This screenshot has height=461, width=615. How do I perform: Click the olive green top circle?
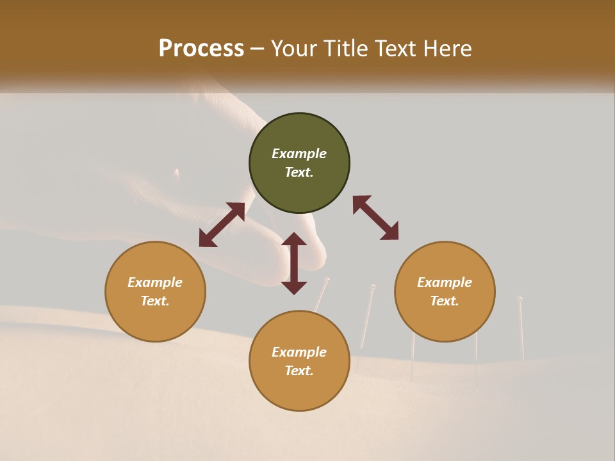click(x=299, y=163)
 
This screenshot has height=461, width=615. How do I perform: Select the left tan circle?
click(x=155, y=291)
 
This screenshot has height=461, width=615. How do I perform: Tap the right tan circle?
click(x=445, y=291)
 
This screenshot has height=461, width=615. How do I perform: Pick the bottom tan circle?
click(x=299, y=361)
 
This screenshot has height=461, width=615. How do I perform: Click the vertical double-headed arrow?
click(x=294, y=263)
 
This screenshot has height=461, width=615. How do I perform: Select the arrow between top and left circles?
click(x=222, y=225)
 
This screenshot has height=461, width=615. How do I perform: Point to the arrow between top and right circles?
click(x=375, y=218)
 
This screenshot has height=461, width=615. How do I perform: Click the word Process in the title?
click(x=201, y=48)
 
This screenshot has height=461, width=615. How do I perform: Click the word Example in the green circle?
click(x=299, y=154)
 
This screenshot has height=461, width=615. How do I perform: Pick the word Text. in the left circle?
click(x=155, y=301)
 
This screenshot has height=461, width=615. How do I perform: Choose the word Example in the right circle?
click(x=445, y=282)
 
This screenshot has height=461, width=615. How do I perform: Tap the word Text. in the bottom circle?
click(x=299, y=371)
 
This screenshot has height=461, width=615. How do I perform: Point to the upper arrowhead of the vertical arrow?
click(x=294, y=239)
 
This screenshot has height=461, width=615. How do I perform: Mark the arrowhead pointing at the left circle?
click(x=207, y=239)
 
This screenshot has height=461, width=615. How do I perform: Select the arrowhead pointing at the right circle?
click(x=390, y=232)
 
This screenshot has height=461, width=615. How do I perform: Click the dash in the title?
click(x=258, y=49)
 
